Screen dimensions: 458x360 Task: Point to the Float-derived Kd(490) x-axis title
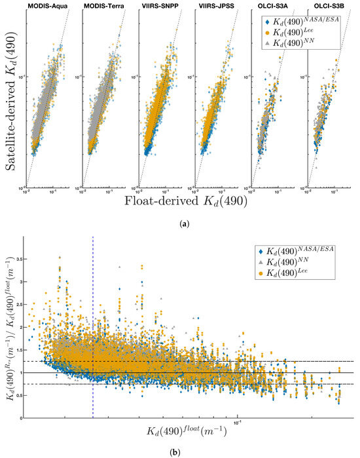pos(179,202)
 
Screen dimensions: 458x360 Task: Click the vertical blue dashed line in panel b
pos(93,328)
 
